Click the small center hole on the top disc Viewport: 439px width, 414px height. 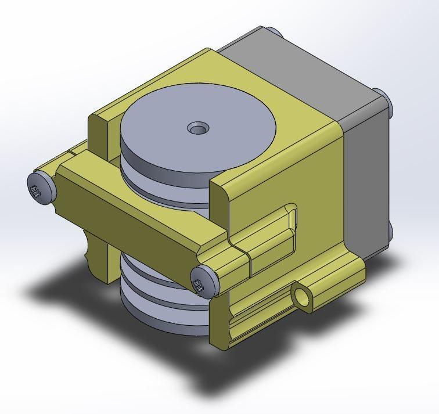(199, 127)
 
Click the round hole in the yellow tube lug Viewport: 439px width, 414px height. (303, 297)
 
